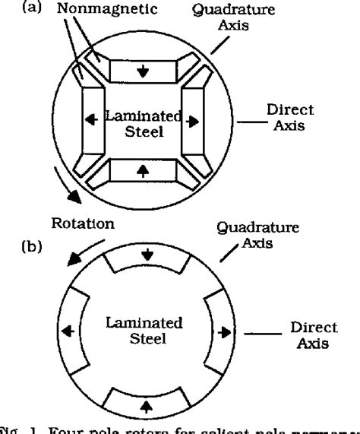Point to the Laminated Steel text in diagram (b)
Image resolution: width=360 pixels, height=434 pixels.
144,329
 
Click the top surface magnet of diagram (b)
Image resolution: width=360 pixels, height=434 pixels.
144,261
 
